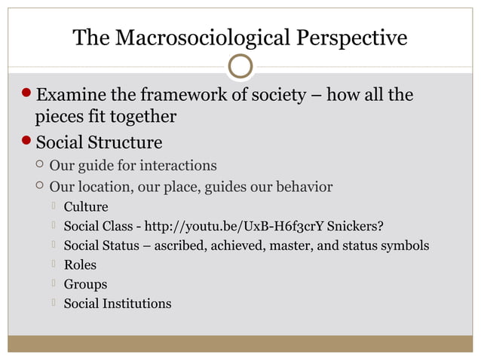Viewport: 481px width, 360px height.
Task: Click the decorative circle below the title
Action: pos(240,67)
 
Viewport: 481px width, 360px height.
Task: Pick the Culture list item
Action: pos(85,206)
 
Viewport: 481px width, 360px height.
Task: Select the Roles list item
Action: pos(80,265)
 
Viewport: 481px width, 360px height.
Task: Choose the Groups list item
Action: pos(85,285)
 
